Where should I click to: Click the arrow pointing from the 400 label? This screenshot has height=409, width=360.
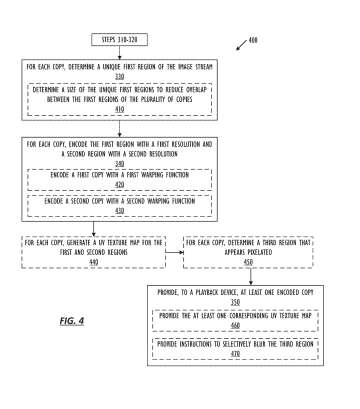coord(240,46)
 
